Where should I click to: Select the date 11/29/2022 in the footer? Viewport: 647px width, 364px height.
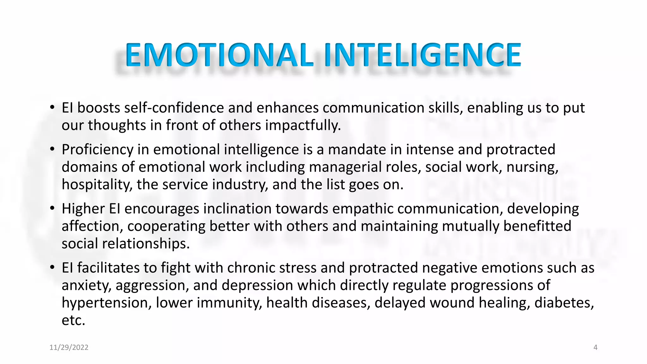coord(69,348)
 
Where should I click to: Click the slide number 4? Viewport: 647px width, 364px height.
coord(596,348)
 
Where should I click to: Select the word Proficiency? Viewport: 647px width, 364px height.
coord(98,150)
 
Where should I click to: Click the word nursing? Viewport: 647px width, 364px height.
coord(532,167)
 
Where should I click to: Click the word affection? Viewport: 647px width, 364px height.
coord(92,226)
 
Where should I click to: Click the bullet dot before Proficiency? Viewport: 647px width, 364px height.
coord(52,149)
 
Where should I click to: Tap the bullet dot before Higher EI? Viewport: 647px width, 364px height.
coord(52,208)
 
